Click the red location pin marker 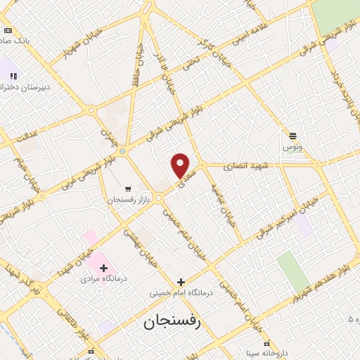coord(181,165)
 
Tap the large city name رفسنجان coord(172,322)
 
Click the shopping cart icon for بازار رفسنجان coord(127,189)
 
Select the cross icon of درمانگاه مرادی coord(103,268)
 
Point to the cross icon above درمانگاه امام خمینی coord(181,282)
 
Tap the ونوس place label coord(292,147)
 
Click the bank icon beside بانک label coord(8,31)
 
